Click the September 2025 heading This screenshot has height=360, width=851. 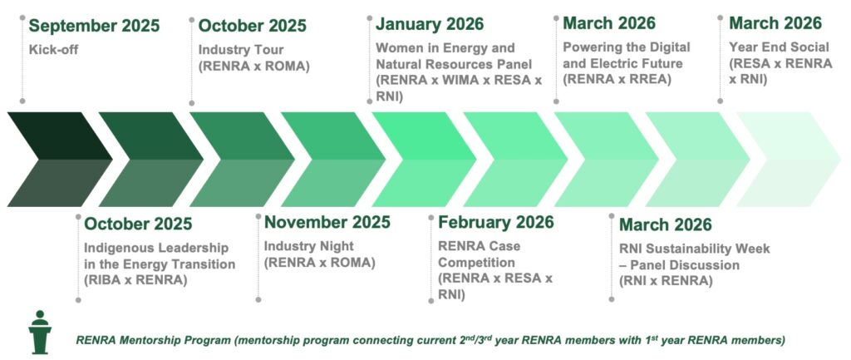pos(95,26)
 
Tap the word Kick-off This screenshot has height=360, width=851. pos(54,50)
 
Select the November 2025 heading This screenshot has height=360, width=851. pos(327,222)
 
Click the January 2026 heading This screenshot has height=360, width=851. pos(430,24)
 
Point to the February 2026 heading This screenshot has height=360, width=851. pos(496,222)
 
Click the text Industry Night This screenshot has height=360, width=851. pos(309,246)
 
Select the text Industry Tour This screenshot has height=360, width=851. pos(241,50)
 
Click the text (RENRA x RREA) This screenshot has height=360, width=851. pos(617,80)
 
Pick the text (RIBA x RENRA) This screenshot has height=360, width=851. pos(135,281)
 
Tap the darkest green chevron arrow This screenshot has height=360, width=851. pos(59,160)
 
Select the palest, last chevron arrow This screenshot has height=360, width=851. pos(788,160)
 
